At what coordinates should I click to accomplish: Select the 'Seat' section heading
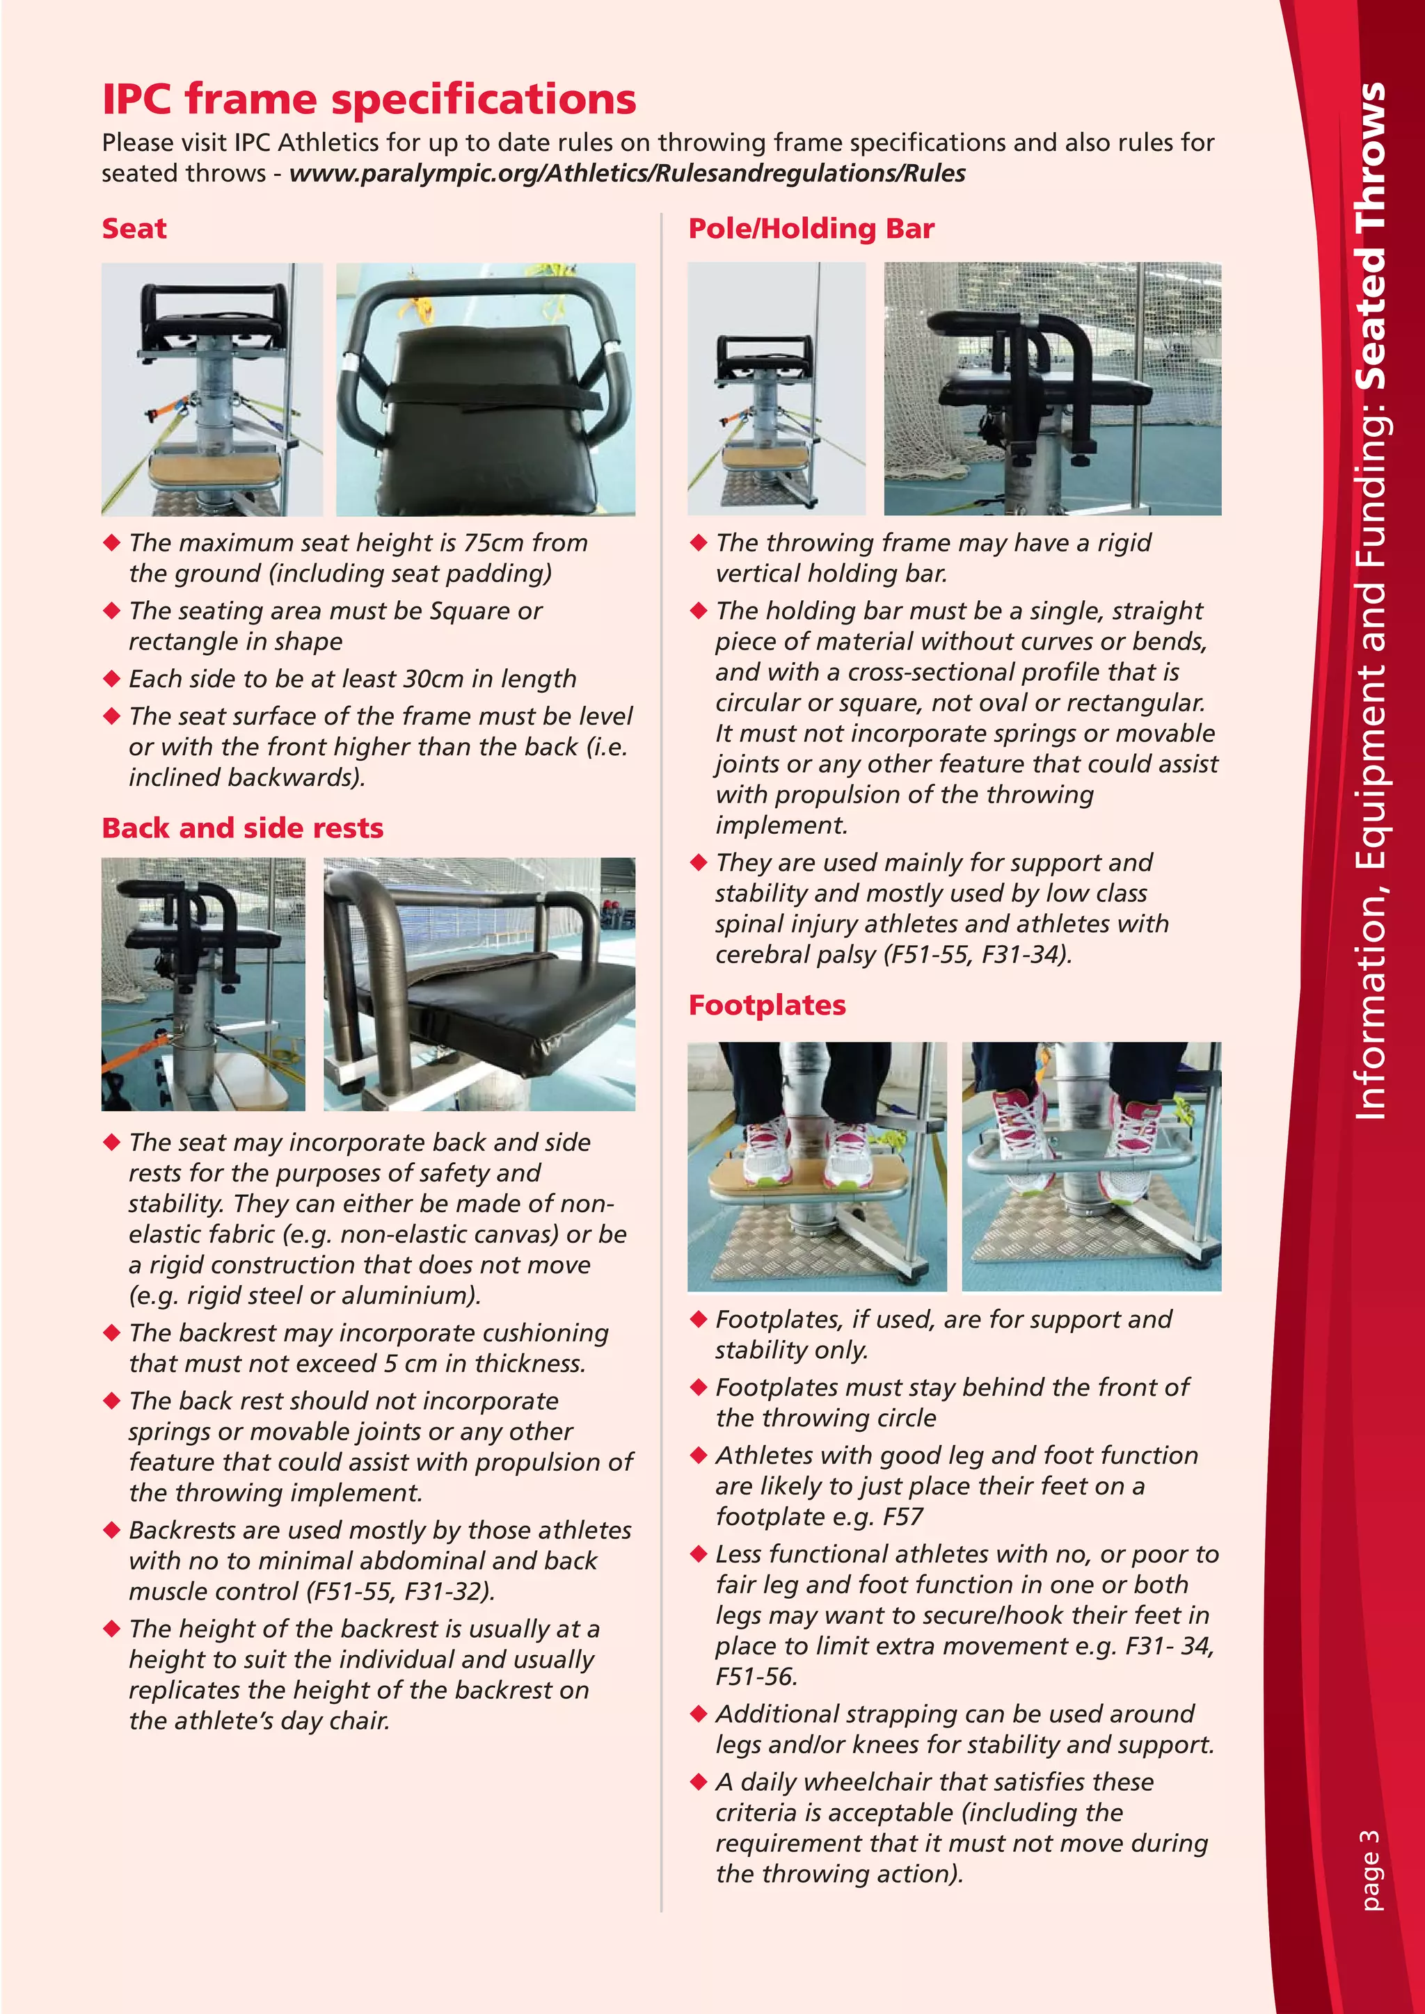click(134, 228)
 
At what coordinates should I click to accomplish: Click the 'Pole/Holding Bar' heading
click(811, 228)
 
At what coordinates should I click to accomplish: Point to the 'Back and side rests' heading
click(242, 828)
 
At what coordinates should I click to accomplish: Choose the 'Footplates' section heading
click(767, 1005)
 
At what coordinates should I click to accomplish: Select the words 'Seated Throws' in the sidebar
click(1370, 237)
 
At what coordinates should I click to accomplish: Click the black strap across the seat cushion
click(491, 396)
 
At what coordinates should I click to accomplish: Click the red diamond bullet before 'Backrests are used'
click(111, 1531)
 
